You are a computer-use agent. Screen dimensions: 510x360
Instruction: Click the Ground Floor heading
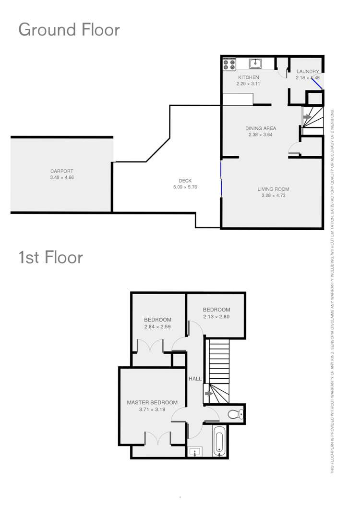69,30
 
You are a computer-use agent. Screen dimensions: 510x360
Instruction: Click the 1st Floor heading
50,257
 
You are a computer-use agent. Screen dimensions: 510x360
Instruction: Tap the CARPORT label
62,171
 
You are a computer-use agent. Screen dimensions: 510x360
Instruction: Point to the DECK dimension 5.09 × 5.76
185,187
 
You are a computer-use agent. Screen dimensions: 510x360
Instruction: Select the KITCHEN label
248,77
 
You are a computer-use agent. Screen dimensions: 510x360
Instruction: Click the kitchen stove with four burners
229,64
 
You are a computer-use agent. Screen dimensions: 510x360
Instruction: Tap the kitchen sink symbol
256,63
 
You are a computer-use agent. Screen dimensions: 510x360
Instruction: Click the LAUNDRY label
307,72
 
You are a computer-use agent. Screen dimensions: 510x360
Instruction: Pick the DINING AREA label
261,128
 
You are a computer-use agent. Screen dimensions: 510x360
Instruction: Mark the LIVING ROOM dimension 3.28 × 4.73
273,196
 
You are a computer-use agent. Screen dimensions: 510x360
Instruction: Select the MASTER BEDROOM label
152,403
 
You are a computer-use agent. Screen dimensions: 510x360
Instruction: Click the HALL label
195,379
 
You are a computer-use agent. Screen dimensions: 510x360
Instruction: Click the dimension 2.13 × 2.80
216,317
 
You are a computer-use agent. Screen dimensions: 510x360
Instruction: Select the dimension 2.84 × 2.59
158,327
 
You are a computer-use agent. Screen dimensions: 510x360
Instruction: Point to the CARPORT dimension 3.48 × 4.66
62,177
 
